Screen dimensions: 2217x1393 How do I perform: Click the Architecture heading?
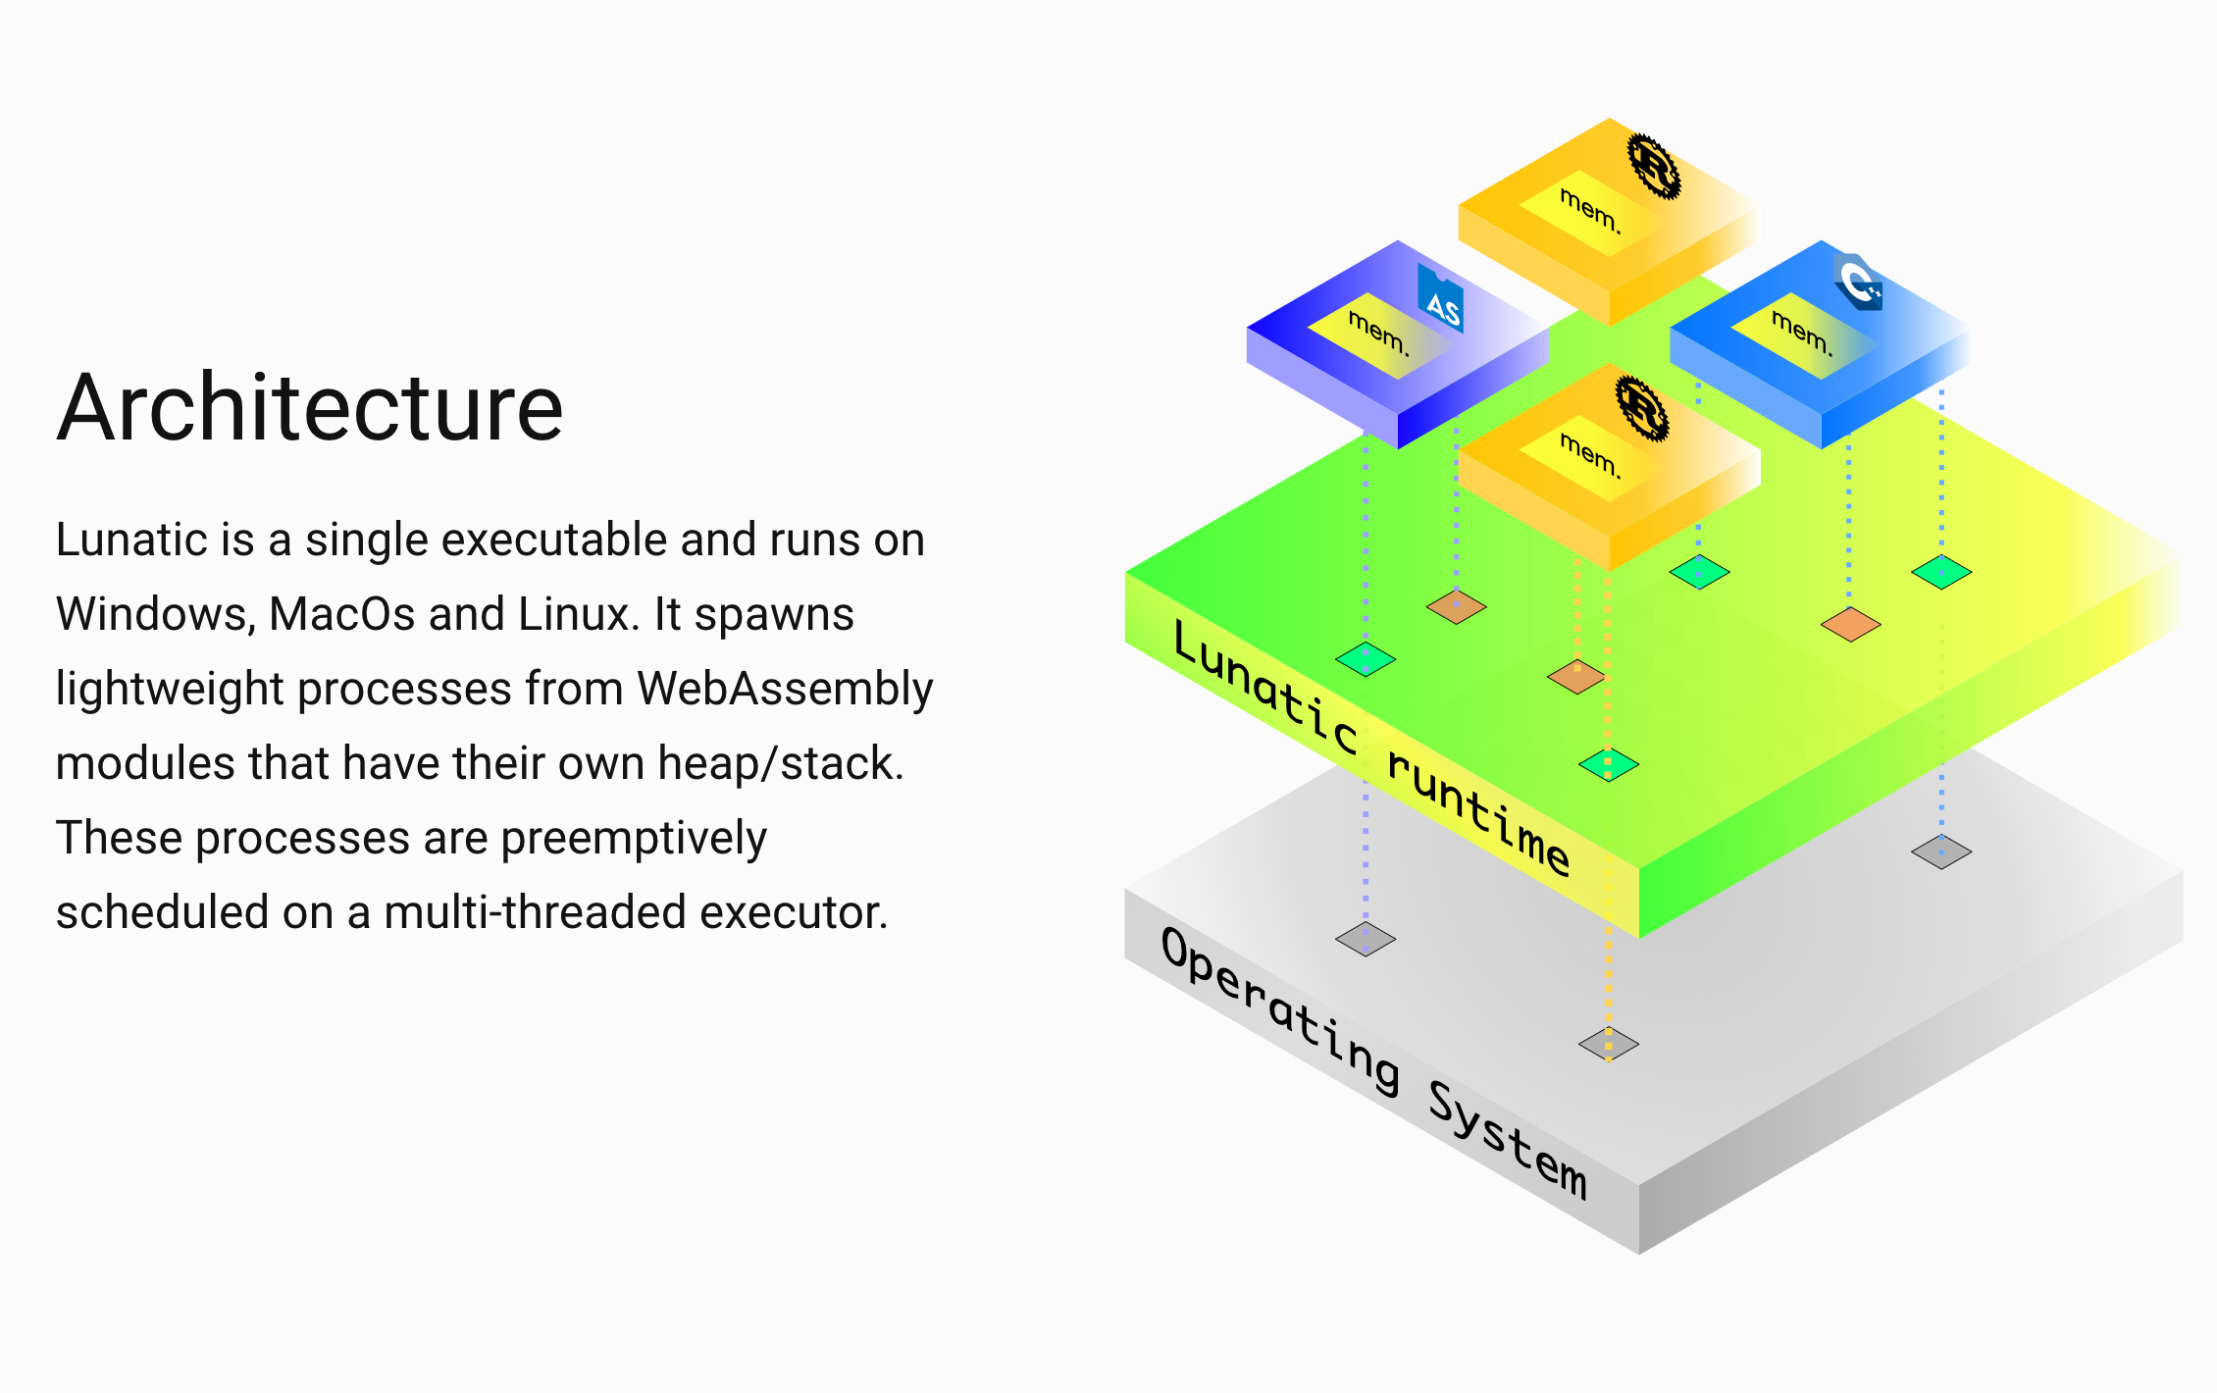[310, 408]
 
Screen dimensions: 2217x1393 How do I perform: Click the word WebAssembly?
[785, 689]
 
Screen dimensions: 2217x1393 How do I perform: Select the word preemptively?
[634, 839]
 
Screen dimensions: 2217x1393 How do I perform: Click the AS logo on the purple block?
[1441, 300]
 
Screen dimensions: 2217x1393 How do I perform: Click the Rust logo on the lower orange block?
[1642, 408]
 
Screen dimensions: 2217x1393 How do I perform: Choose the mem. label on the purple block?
[1378, 333]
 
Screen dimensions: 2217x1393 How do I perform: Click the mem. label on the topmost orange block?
[1590, 211]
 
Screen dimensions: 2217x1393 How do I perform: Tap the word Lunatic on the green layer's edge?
[1265, 688]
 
